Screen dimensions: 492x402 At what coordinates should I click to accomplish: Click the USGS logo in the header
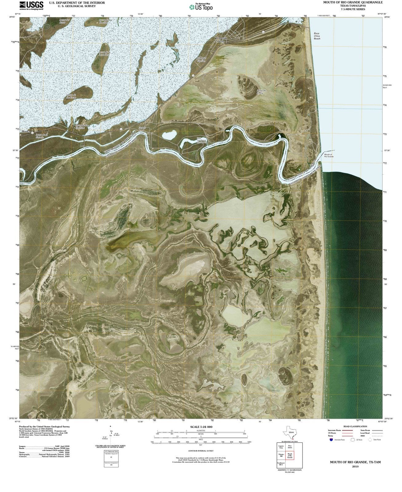tap(31, 5)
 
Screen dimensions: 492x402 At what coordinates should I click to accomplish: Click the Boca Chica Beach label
tap(317, 36)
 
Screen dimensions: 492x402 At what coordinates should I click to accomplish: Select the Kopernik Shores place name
tap(220, 40)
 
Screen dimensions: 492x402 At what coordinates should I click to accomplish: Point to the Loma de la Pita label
tap(261, 92)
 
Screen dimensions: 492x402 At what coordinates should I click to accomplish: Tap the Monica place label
tap(26, 131)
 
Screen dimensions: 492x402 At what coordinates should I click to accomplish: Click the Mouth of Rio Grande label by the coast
tap(329, 155)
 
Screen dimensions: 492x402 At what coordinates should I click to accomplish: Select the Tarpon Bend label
tap(142, 129)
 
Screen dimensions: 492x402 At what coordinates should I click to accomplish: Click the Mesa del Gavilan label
tap(201, 59)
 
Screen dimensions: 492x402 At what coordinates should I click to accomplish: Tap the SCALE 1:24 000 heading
tap(201, 427)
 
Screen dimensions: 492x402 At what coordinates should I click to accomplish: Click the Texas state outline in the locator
tap(289, 432)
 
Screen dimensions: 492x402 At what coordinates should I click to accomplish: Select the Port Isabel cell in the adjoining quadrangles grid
tap(290, 447)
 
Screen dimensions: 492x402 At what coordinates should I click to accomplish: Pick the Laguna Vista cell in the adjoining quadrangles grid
tap(281, 447)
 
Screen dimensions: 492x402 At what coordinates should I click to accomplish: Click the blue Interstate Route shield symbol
tap(331, 440)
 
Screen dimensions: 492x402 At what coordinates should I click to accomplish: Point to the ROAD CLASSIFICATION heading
tap(355, 427)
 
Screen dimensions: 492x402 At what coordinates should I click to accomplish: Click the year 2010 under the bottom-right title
tap(355, 466)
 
